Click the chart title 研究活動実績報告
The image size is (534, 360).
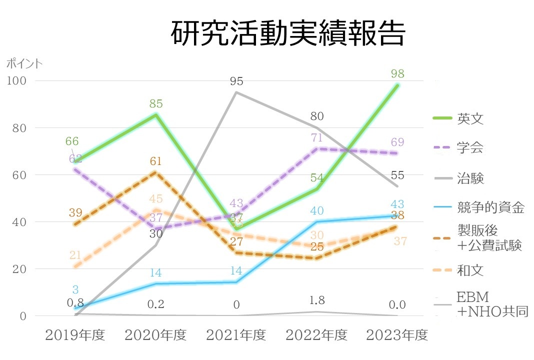(x=287, y=34)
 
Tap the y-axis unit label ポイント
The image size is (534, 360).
(x=24, y=63)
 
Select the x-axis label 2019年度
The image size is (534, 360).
(x=75, y=335)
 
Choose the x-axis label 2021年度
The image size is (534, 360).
(x=236, y=335)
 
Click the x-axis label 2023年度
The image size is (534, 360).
(x=397, y=335)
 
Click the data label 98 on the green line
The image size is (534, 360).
(x=397, y=74)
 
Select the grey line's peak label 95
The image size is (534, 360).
(x=236, y=81)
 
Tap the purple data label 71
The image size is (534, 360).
(x=317, y=138)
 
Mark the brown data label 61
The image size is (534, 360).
(x=156, y=161)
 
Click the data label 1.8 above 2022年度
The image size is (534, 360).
(x=317, y=301)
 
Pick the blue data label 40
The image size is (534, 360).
(x=317, y=211)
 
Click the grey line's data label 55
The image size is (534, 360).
(x=397, y=175)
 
